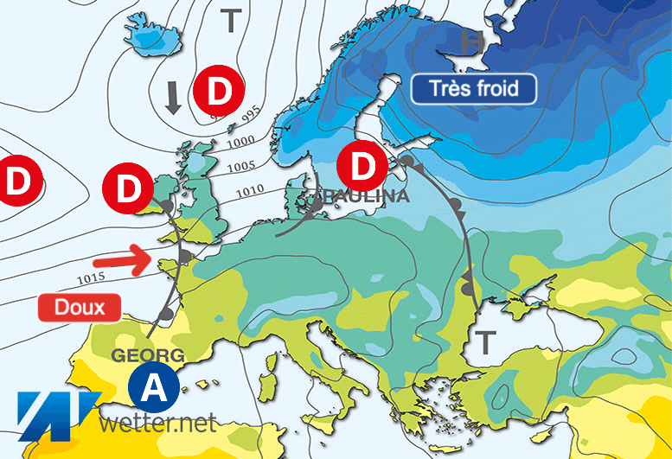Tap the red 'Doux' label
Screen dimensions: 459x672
pyautogui.click(x=80, y=306)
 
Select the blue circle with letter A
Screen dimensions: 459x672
pyautogui.click(x=154, y=389)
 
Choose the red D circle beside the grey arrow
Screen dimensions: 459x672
pyautogui.click(x=218, y=90)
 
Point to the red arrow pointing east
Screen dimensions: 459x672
pyautogui.click(x=118, y=258)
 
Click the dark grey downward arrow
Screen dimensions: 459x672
pyautogui.click(x=173, y=97)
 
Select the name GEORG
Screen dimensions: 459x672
pyautogui.click(x=148, y=354)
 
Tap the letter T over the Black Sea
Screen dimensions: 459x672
pyautogui.click(x=487, y=342)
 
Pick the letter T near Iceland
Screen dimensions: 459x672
pyautogui.click(x=230, y=21)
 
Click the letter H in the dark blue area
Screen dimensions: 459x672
pyautogui.click(x=472, y=41)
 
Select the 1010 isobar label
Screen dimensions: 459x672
pyautogui.click(x=250, y=188)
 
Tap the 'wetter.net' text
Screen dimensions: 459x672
pyautogui.click(x=157, y=424)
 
